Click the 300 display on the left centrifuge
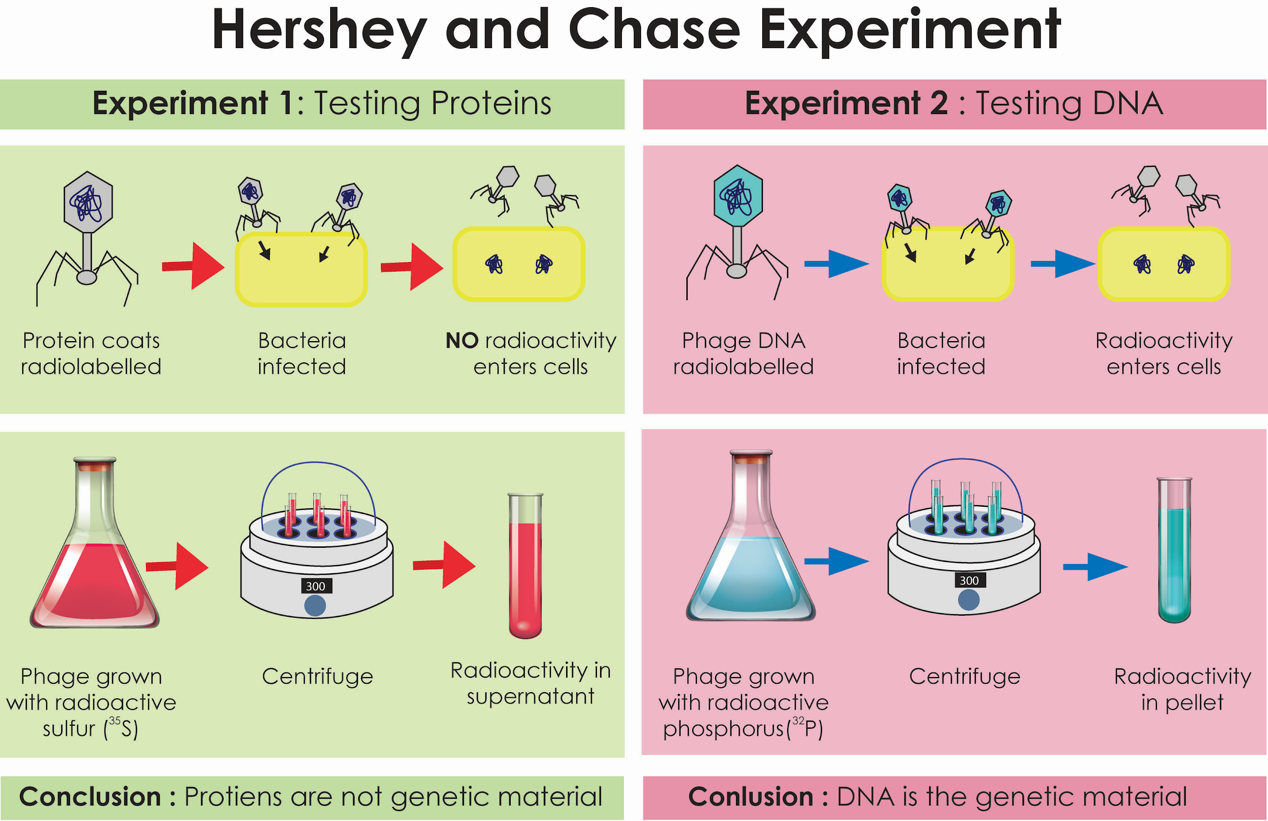pos(315,586)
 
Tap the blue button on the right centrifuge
pos(969,600)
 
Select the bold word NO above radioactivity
pos(462,341)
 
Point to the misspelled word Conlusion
pos(750,797)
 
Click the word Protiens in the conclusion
pos(232,797)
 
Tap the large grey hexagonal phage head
pos(88,202)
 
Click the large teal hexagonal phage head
pos(738,196)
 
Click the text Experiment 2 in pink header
pos(846,103)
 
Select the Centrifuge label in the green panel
pos(318,677)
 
